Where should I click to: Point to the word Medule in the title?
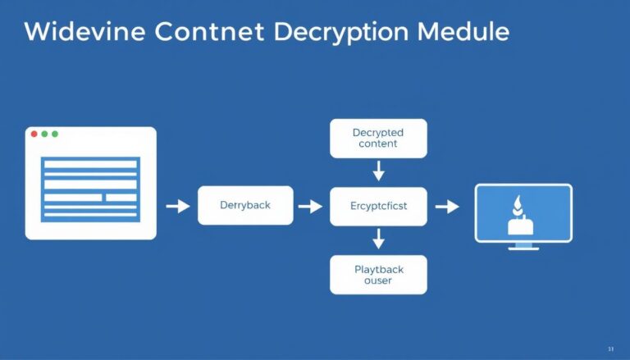pos(463,32)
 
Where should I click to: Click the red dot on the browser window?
pos(34,134)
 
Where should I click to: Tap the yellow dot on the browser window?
pos(44,134)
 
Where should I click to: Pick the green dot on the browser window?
pos(55,134)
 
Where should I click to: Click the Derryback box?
pos(245,205)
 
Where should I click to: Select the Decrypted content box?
pos(378,138)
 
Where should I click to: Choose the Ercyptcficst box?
pos(378,206)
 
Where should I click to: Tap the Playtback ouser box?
pos(378,274)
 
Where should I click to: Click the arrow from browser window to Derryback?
pos(177,206)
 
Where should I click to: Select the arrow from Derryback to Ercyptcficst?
pos(310,206)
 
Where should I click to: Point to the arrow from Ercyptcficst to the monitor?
pos(447,206)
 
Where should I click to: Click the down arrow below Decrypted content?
pos(378,171)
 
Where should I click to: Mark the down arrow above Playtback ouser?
pos(378,239)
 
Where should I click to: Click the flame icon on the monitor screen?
pos(517,205)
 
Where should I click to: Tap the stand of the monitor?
pos(524,246)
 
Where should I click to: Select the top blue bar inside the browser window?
pos(90,164)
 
